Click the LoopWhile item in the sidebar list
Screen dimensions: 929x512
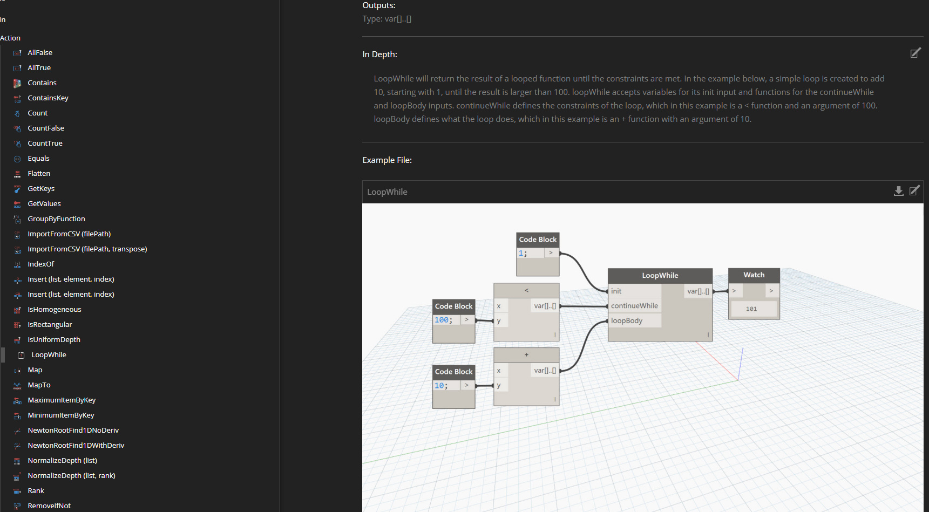[49, 355]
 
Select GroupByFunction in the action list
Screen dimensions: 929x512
[56, 219]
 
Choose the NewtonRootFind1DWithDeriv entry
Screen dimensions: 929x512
[76, 446]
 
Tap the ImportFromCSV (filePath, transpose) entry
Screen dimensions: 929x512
[87, 249]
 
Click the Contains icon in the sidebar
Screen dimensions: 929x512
[17, 83]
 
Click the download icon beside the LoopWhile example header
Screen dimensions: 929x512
[898, 191]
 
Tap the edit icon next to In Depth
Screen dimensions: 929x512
[916, 53]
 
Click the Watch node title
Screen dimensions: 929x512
[754, 275]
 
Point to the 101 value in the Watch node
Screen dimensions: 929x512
[751, 309]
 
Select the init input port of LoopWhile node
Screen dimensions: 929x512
[616, 291]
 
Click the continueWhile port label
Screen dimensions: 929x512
[634, 306]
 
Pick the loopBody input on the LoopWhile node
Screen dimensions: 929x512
[627, 321]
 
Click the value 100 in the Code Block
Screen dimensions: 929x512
[442, 320]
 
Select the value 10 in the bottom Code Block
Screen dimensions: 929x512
[439, 386]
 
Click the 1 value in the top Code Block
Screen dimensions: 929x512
[521, 253]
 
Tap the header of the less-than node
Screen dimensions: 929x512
[526, 290]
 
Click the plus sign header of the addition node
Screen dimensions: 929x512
[526, 355]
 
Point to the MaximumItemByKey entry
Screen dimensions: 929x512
[62, 400]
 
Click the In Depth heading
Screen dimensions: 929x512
[380, 54]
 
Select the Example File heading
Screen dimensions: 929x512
[387, 160]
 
